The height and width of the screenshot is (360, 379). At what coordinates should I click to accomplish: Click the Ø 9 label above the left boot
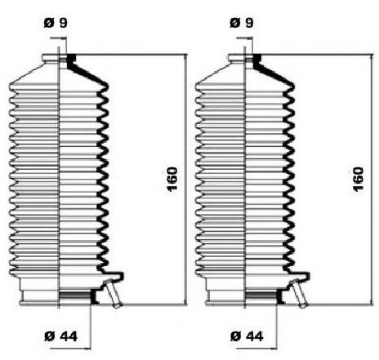pyautogui.click(x=56, y=23)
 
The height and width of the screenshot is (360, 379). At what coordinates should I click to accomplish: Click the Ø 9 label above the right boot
pyautogui.click(x=242, y=23)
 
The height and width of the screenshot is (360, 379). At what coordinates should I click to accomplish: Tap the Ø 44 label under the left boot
pyautogui.click(x=60, y=336)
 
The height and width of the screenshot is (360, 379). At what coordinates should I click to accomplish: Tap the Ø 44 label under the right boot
pyautogui.click(x=247, y=336)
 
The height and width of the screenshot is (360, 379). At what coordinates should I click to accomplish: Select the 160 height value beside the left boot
pyautogui.click(x=172, y=180)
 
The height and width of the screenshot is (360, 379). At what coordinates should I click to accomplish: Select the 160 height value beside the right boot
pyautogui.click(x=359, y=180)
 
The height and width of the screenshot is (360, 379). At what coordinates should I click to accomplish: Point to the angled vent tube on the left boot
pyautogui.click(x=112, y=293)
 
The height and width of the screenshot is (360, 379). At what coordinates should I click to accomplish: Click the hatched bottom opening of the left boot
pyautogui.click(x=75, y=295)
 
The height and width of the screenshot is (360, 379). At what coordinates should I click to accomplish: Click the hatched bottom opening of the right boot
pyautogui.click(x=261, y=295)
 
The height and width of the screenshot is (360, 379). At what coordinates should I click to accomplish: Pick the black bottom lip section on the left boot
pyautogui.click(x=94, y=296)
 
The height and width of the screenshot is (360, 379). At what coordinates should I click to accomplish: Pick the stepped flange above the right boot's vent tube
pyautogui.click(x=299, y=275)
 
